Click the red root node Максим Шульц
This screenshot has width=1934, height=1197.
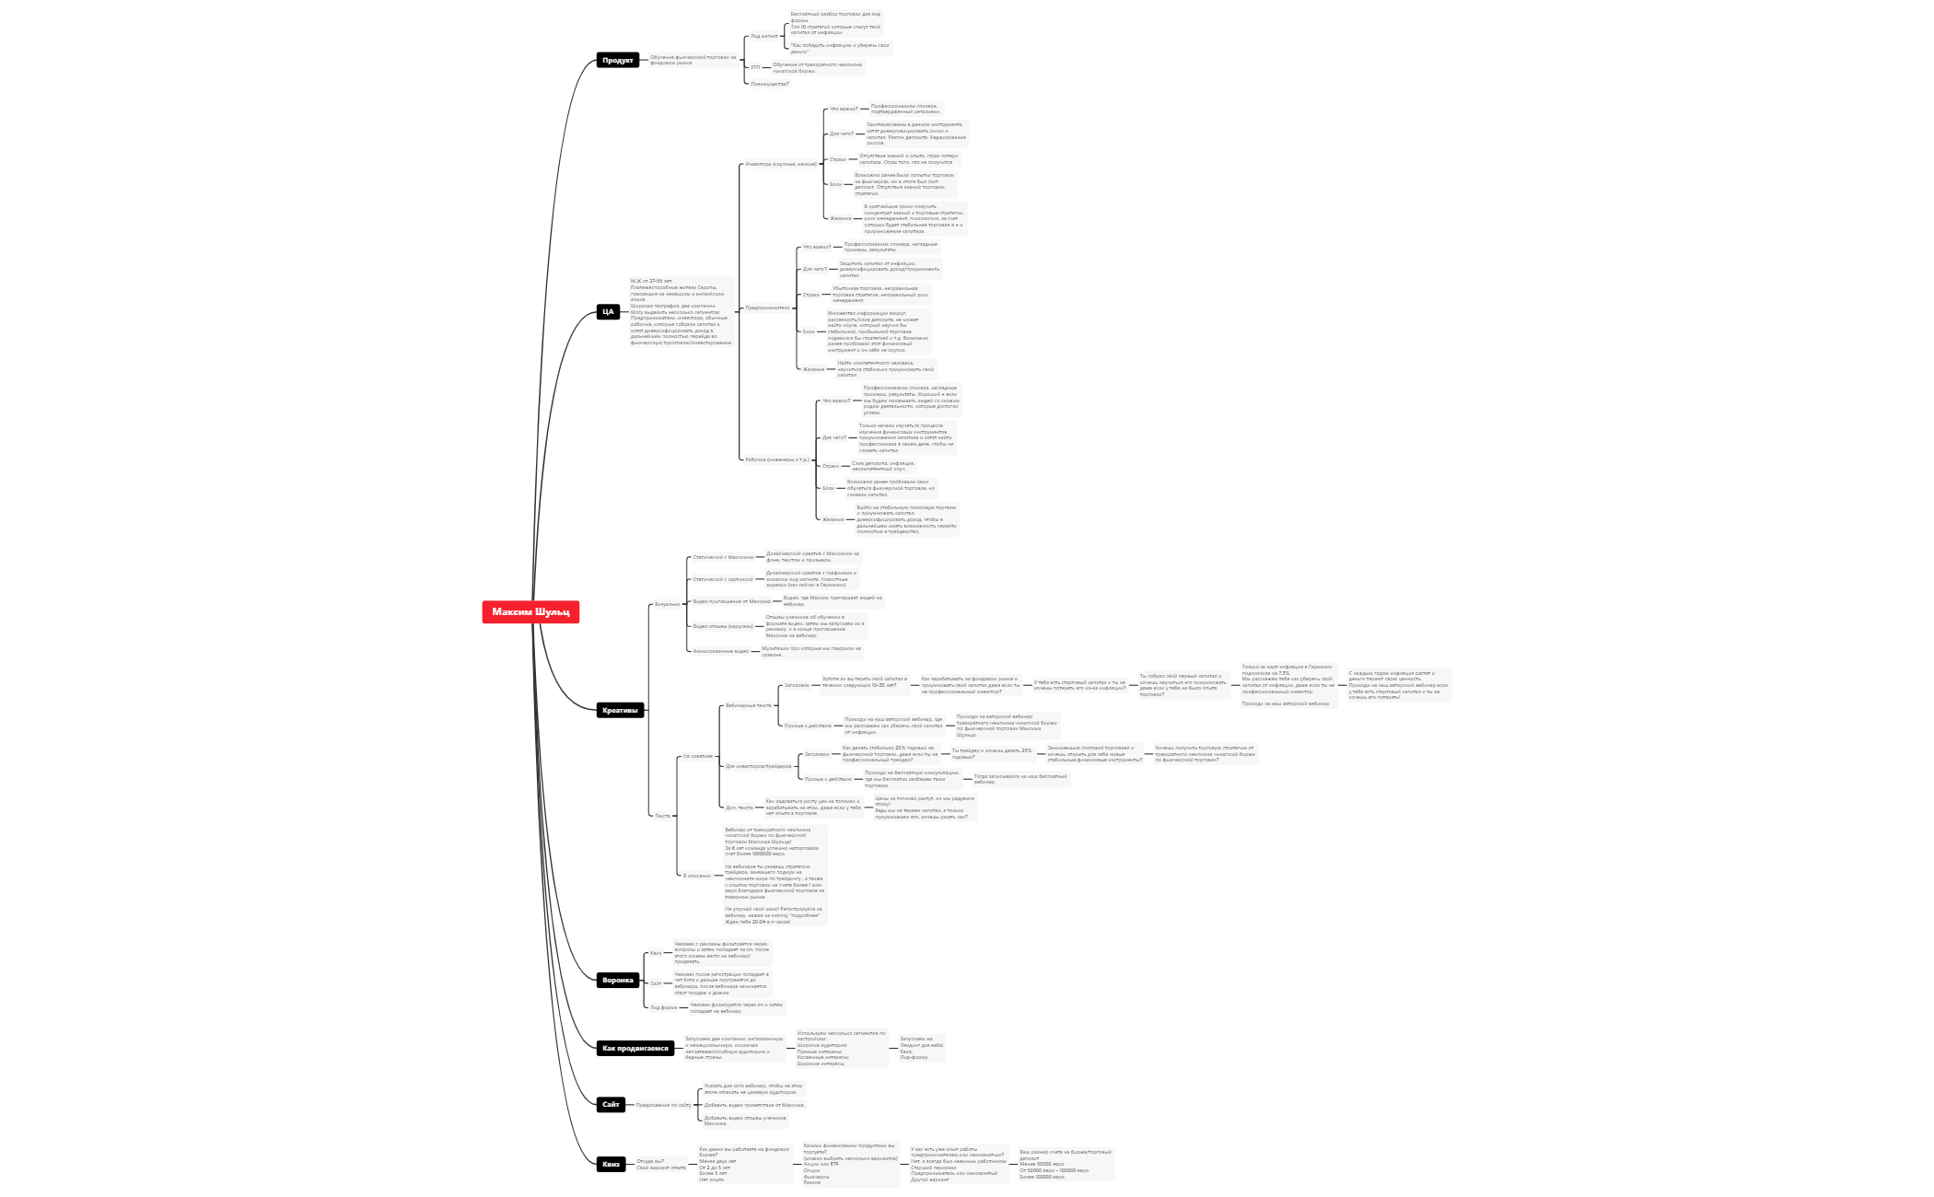[x=530, y=612]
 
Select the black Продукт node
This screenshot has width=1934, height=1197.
[x=617, y=61]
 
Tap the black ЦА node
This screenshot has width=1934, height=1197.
[x=608, y=312]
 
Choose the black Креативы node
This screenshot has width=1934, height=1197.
[x=620, y=710]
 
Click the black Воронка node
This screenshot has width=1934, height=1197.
[x=618, y=980]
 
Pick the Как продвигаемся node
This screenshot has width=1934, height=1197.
[x=635, y=1048]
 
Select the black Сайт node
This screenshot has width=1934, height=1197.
[x=612, y=1104]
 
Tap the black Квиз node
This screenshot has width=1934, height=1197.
[x=612, y=1164]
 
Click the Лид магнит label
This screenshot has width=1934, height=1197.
[x=763, y=37]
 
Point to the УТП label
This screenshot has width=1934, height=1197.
[x=755, y=67]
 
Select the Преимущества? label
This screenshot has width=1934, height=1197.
[x=769, y=84]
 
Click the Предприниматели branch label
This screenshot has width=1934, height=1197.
[x=767, y=308]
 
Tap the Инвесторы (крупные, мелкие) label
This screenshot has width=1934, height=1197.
[x=780, y=164]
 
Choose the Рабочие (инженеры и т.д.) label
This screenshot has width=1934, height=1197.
[x=776, y=459]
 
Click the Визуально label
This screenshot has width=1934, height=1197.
[x=667, y=604]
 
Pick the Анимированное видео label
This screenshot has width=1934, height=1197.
[x=720, y=651]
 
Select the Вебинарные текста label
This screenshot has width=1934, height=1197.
[x=748, y=705]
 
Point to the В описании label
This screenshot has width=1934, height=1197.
[x=696, y=876]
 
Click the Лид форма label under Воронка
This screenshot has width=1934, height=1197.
[x=663, y=1007]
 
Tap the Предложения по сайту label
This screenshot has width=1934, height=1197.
[x=663, y=1105]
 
